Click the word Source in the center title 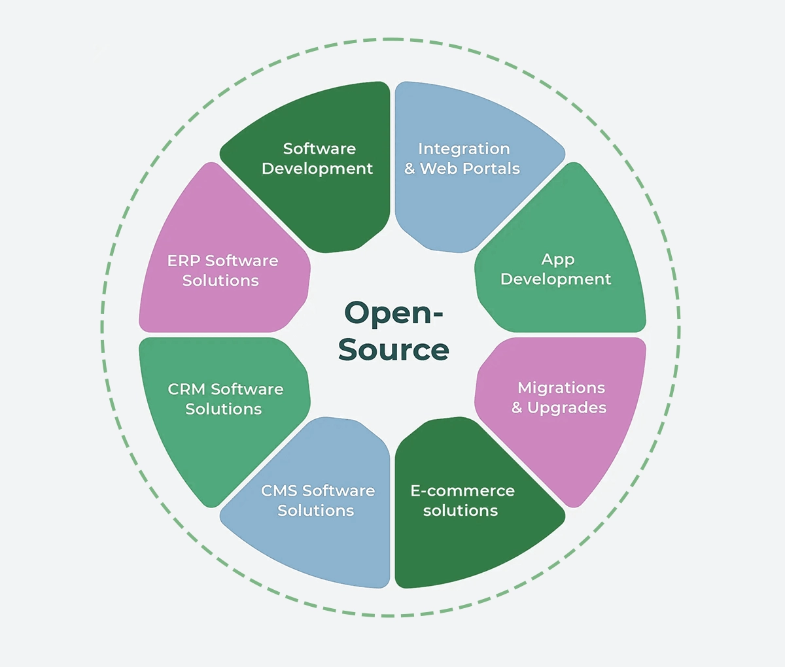click(393, 350)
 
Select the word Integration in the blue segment click(464, 149)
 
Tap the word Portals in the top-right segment click(491, 169)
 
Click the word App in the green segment click(558, 260)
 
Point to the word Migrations click(561, 388)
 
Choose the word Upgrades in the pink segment click(567, 408)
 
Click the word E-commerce click(462, 490)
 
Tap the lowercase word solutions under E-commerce click(461, 511)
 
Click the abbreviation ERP click(183, 261)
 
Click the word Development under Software click(317, 169)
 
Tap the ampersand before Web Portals click(410, 169)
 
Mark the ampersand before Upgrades click(517, 408)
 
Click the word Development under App click(556, 279)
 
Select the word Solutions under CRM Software click(224, 409)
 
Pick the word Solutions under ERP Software click(220, 281)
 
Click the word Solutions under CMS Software click(316, 511)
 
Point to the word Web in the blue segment click(438, 169)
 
